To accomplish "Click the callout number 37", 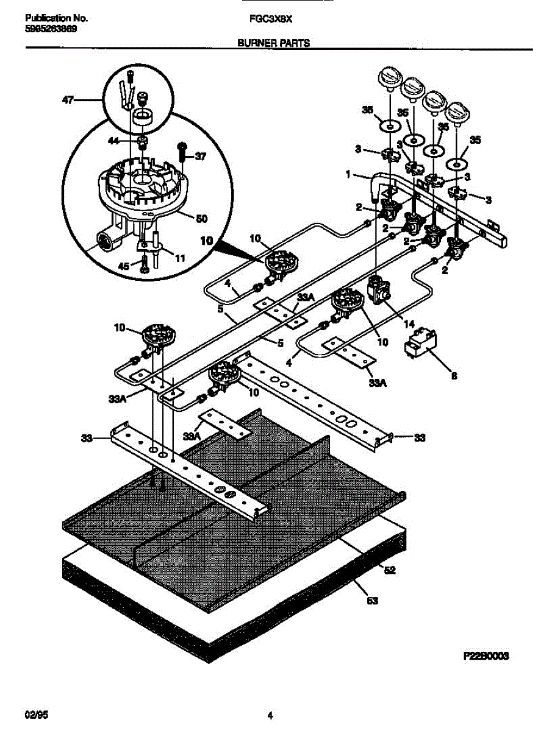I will tap(201, 157).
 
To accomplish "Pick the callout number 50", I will tap(199, 217).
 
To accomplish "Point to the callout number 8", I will tap(453, 376).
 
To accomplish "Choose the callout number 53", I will tap(372, 601).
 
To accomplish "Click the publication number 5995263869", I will tap(51, 29).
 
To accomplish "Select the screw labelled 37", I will tap(182, 157).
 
